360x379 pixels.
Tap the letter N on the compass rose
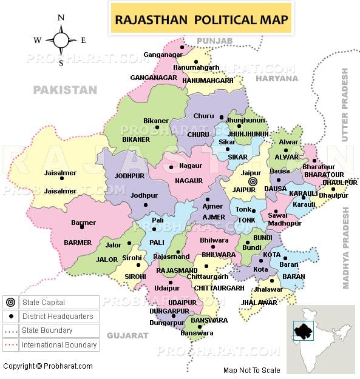[61, 18]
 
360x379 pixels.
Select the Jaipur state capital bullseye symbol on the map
[254, 181]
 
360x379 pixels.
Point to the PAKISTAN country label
[65, 90]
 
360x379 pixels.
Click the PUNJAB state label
[211, 41]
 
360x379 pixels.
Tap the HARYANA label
[276, 79]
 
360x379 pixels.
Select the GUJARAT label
[127, 335]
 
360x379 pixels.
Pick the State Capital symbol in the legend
[10, 303]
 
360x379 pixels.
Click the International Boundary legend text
[59, 345]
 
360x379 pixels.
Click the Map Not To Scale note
[251, 370]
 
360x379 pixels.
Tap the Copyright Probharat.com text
[48, 366]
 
